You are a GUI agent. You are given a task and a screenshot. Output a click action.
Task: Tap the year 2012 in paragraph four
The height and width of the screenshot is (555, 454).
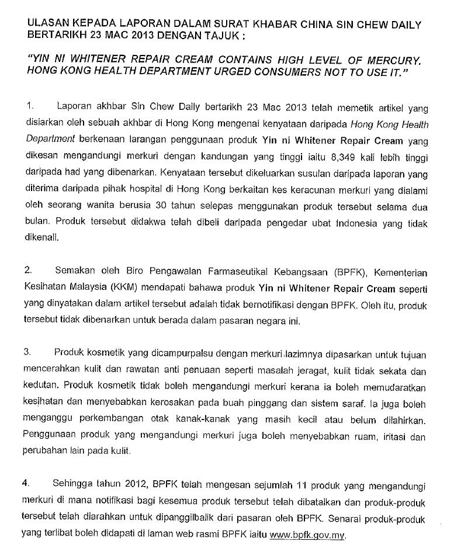[134, 484]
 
